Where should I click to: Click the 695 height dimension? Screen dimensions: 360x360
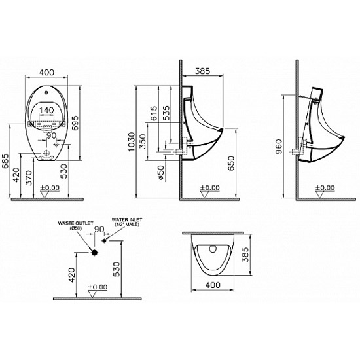tap(75, 123)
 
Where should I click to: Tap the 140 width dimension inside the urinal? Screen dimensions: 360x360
tap(46, 110)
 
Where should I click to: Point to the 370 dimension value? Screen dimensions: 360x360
tap(29, 177)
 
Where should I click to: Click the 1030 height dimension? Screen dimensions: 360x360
tap(132, 141)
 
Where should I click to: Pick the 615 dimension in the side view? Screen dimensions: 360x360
tap(154, 113)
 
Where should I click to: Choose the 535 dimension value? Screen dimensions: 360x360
tap(166, 113)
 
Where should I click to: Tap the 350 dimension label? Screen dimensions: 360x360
tap(142, 141)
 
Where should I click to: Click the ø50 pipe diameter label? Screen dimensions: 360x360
tap(162, 173)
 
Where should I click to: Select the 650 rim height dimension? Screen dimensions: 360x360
tap(231, 163)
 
